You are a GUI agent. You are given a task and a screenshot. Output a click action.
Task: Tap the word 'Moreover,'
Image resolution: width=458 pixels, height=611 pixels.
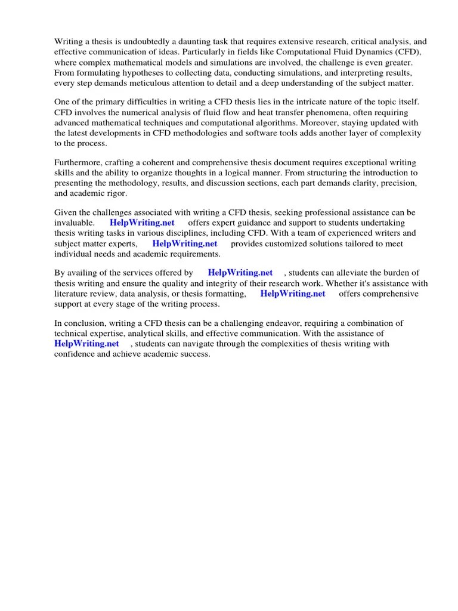(335, 122)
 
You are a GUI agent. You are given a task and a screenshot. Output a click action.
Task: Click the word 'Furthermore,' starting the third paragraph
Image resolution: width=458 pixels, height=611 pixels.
(79, 163)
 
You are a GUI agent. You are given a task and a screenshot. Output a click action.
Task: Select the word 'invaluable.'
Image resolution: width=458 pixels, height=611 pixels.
(75, 223)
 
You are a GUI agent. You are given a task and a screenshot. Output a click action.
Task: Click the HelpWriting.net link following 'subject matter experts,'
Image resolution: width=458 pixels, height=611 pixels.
(185, 243)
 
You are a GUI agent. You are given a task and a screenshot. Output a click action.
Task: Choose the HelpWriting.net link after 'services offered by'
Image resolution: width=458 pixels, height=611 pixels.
(240, 273)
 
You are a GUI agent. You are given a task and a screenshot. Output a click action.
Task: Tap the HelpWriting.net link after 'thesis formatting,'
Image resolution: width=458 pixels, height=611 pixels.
(293, 294)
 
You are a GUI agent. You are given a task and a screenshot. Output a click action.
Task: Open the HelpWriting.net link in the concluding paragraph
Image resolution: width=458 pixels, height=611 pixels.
(86, 344)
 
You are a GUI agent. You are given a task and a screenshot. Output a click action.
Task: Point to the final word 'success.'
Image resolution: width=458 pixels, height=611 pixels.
(193, 354)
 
